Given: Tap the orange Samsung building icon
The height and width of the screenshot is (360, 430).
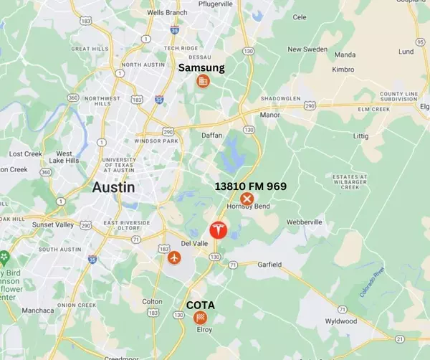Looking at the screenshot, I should point(203,82).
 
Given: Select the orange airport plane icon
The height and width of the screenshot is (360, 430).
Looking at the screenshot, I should point(174,257).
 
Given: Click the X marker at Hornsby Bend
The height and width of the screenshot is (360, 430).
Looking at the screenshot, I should point(247,199).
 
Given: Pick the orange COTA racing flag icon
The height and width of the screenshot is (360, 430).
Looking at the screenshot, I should point(201,317).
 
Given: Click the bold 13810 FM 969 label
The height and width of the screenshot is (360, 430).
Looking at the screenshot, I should point(251,186).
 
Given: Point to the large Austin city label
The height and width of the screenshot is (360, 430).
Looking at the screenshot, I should point(114,187).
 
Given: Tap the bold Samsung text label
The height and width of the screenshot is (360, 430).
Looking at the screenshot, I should point(201,68).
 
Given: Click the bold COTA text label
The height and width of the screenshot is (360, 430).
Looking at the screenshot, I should point(201,305).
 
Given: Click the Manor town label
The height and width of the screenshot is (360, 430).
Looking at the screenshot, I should point(269,115).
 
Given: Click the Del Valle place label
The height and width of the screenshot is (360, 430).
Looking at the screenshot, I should point(183,242).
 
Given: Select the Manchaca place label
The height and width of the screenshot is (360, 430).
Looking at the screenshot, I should point(38,311).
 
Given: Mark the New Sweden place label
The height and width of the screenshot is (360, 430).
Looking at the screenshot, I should point(306,49).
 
